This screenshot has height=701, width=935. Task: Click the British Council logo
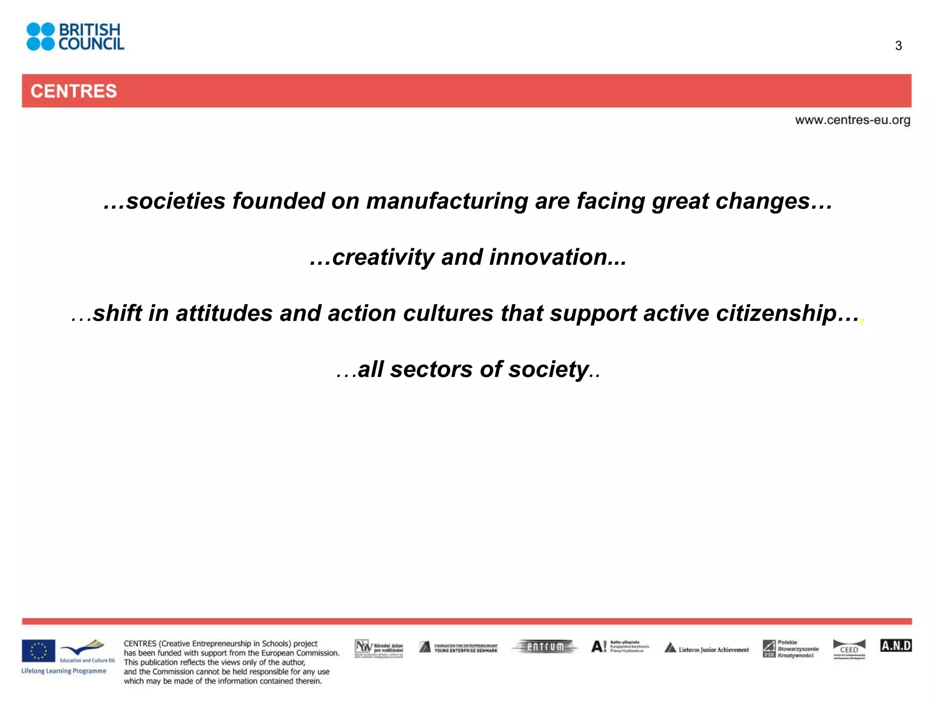[75, 37]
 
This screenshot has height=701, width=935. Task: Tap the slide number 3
[898, 46]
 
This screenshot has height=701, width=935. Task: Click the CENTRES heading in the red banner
[74, 91]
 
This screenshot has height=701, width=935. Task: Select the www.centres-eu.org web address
[852, 120]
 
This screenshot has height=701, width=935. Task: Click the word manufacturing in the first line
[446, 201]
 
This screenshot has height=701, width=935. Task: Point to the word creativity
[383, 257]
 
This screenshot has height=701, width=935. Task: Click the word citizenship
[776, 314]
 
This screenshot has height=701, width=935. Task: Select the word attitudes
[224, 314]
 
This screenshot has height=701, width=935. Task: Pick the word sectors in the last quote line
[431, 369]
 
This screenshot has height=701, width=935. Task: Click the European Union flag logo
[38, 651]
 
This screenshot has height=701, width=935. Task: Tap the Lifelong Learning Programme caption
[63, 671]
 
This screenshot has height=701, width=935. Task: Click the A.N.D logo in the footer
[896, 646]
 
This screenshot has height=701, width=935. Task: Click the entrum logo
[545, 647]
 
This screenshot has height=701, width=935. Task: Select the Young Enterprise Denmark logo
[458, 648]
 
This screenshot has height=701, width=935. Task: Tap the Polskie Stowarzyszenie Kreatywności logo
[790, 649]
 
